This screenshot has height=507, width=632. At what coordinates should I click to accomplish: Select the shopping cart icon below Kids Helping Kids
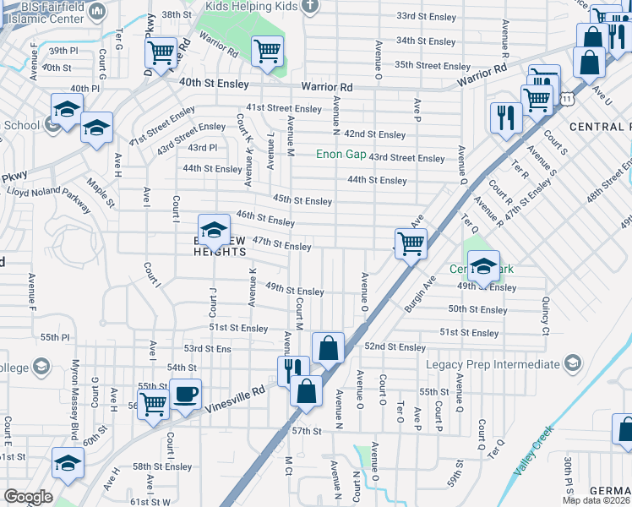[267, 51]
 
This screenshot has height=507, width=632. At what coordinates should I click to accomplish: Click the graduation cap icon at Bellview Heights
[215, 230]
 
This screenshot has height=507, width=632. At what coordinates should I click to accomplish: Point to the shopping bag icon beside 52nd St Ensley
[328, 347]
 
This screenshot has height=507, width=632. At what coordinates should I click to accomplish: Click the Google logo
[28, 497]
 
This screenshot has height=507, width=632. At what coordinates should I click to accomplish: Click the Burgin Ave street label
[419, 292]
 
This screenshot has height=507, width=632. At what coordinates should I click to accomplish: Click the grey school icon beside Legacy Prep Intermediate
[573, 364]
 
